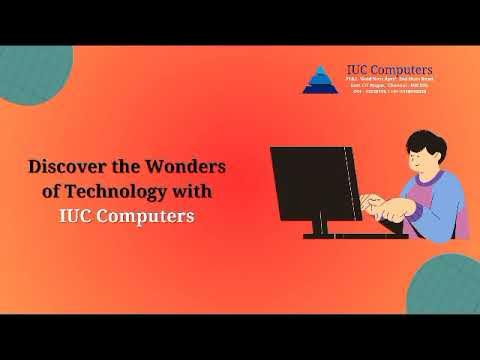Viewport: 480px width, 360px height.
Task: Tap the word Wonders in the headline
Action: coord(186,165)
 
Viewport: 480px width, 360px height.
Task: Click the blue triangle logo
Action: coord(318,79)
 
